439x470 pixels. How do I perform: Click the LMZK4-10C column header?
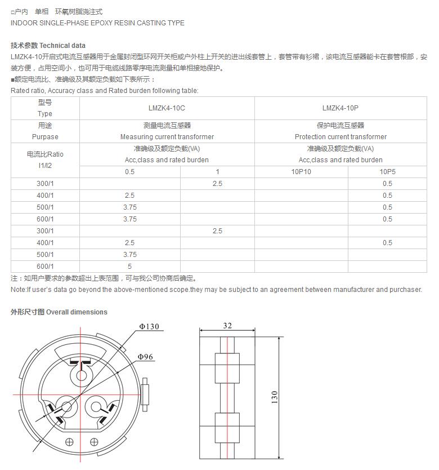167,108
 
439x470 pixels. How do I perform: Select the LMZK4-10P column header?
340,108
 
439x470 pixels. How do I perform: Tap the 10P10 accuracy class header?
301,172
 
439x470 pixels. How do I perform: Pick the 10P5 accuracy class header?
387,172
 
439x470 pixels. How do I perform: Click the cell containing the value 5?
129,267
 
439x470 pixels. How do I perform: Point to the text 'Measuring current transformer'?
167,137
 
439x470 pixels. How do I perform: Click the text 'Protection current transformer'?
341,137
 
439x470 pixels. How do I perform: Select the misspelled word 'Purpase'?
45,137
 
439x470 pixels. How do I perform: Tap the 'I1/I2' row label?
44,166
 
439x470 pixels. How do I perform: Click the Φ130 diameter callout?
149,327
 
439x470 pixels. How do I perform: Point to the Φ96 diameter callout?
145,357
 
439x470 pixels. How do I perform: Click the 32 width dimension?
227,326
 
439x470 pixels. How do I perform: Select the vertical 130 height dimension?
275,397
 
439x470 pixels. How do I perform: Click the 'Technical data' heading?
62,45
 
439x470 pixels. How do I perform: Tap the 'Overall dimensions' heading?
77,312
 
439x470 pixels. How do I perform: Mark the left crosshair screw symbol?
69,441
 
